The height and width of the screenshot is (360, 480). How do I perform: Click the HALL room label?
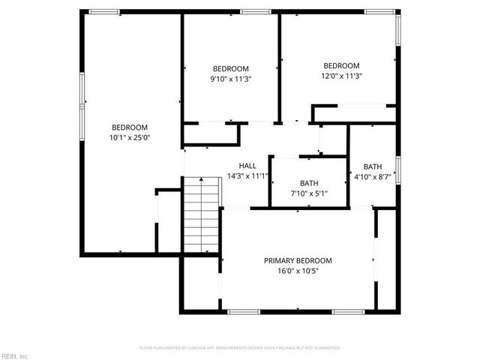[247, 166]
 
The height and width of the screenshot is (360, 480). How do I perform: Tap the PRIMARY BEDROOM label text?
[298, 261]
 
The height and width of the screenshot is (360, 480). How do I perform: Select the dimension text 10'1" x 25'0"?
[130, 137]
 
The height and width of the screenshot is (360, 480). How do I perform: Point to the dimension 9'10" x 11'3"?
[230, 79]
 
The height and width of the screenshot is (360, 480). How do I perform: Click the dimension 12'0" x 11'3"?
[341, 76]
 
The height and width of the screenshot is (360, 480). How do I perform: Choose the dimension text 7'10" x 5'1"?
[309, 193]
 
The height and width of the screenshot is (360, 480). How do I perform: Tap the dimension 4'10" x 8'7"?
[373, 177]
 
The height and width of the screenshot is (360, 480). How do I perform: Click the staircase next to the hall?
[201, 217]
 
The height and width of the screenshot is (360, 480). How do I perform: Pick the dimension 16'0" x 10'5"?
[298, 271]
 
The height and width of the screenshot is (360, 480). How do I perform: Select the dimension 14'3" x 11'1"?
[247, 176]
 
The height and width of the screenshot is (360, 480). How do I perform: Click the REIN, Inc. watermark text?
[15, 355]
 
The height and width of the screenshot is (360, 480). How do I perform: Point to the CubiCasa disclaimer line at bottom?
[240, 348]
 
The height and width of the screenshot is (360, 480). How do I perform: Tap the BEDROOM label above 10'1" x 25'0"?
[130, 127]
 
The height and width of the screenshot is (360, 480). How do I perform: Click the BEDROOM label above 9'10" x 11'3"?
[230, 68]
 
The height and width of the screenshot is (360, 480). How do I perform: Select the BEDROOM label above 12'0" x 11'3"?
[341, 65]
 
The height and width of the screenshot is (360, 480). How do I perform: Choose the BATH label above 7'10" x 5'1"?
[309, 183]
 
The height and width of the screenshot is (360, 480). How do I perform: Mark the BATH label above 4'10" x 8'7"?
[373, 166]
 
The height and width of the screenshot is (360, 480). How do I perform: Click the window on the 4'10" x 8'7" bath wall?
[397, 169]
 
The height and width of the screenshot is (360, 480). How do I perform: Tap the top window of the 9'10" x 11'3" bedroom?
[255, 11]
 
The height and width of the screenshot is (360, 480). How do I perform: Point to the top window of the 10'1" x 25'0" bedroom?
[103, 11]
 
